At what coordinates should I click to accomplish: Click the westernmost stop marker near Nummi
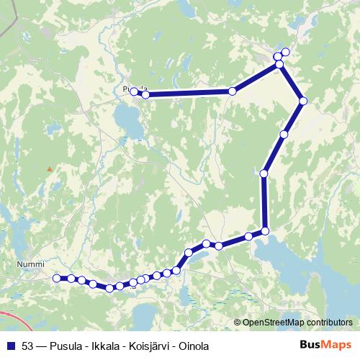57,278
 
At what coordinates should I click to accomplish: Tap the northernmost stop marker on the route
285,51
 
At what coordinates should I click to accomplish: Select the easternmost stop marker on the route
303,101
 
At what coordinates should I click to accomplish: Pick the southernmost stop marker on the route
109,289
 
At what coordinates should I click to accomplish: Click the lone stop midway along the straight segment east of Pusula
232,91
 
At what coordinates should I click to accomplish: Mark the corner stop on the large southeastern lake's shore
265,230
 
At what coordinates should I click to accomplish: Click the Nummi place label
30,265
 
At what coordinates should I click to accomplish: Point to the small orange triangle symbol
49,169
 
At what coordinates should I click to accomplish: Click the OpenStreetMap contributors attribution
297,323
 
